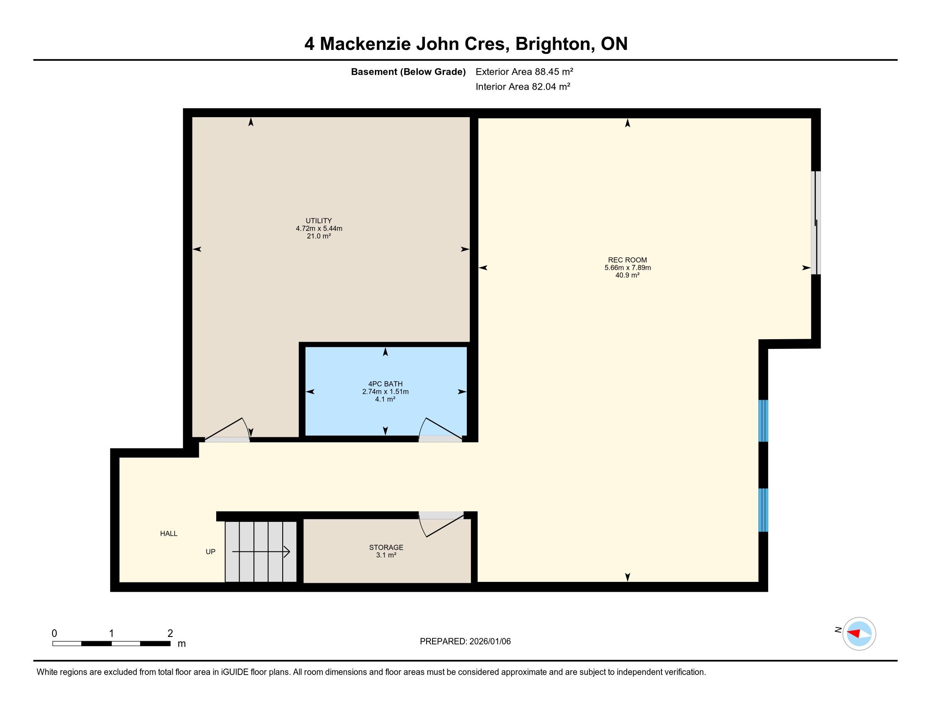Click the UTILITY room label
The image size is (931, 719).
click(x=318, y=221)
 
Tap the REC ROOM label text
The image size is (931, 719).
click(x=627, y=260)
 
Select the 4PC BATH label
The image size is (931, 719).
click(x=386, y=384)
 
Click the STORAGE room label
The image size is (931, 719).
click(x=386, y=547)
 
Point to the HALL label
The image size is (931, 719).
click(x=169, y=533)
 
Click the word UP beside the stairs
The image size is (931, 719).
click(x=211, y=552)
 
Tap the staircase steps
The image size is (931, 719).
click(x=260, y=552)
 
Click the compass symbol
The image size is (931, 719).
click(x=859, y=634)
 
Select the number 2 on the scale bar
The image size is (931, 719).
click(x=170, y=634)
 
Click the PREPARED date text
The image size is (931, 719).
click(x=465, y=642)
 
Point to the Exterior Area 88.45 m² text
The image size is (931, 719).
click(x=524, y=71)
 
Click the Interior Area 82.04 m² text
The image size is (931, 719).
click(x=523, y=86)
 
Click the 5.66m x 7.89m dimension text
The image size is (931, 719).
click(x=628, y=267)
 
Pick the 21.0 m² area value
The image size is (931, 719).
click(x=319, y=236)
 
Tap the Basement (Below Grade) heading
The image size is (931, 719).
click(x=408, y=71)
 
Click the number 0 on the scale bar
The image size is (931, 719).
click(x=54, y=634)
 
